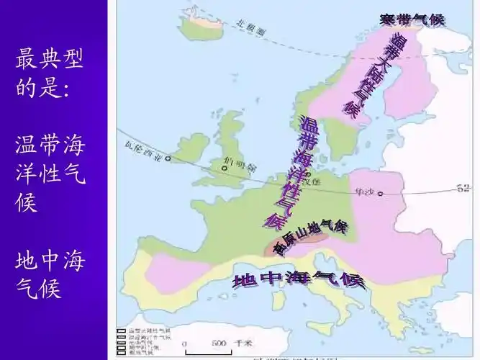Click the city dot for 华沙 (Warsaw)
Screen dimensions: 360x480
tap(381, 193)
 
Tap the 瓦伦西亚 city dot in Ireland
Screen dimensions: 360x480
tap(168, 158)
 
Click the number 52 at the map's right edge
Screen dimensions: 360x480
tap(464, 189)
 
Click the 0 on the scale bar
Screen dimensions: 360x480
tap(185, 343)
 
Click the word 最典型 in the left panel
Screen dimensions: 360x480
tap(49, 60)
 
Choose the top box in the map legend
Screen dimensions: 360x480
tap(122, 330)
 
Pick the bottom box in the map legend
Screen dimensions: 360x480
tap(122, 354)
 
